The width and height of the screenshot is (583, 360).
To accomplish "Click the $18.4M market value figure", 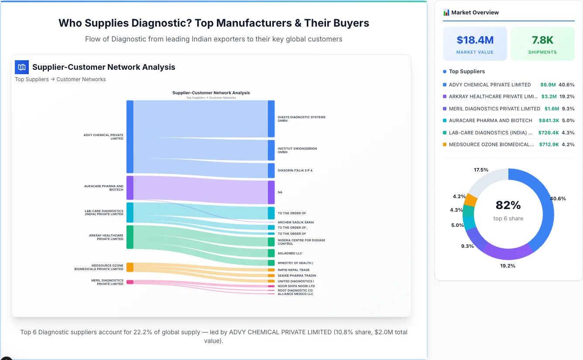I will click(475, 40).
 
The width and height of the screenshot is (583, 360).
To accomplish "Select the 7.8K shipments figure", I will click(542, 40).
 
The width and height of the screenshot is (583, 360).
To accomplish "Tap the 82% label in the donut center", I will click(508, 205).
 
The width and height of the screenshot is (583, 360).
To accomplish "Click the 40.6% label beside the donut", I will click(558, 199).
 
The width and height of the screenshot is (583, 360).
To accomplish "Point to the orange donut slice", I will click(471, 200).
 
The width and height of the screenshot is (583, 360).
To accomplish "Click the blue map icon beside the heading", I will click(22, 67).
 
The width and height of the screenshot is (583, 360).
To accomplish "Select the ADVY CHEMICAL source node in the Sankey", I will click(130, 137).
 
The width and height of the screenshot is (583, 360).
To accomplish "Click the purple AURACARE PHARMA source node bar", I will click(130, 188).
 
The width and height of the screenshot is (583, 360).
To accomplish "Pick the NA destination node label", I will click(280, 192).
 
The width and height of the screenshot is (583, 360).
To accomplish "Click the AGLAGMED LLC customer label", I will click(290, 253).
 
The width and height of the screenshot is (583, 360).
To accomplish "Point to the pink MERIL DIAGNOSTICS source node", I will click(130, 282).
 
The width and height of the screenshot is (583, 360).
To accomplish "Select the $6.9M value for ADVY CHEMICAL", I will click(548, 85).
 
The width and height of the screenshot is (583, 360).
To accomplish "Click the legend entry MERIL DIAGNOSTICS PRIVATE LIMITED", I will click(494, 109).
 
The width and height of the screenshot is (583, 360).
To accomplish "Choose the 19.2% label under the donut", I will click(508, 266).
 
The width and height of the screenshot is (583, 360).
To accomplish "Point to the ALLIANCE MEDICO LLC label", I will click(295, 294).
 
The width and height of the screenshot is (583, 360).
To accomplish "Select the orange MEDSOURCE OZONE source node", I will click(130, 267).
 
